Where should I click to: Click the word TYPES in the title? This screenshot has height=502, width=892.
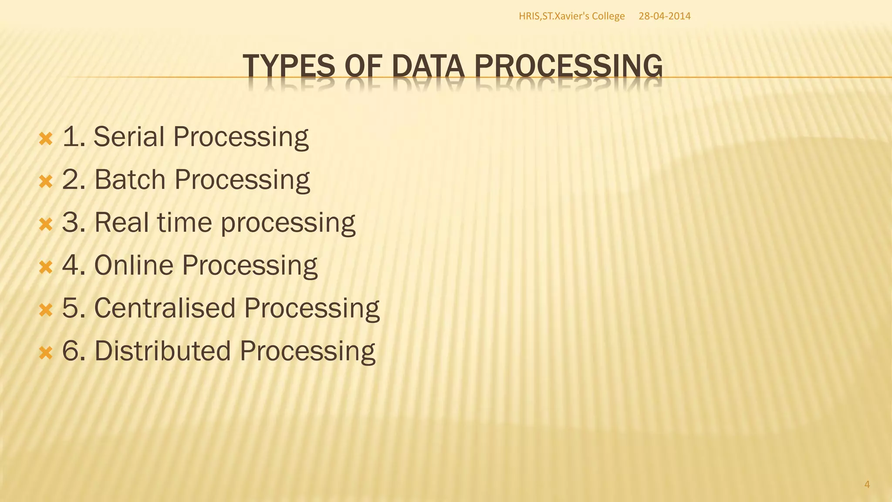click(x=288, y=66)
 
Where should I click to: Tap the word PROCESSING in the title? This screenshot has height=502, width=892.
click(x=568, y=66)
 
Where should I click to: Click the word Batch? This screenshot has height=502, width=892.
click(x=130, y=180)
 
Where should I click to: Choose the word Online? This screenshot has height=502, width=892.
click(x=134, y=265)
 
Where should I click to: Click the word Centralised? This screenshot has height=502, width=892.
click(x=165, y=308)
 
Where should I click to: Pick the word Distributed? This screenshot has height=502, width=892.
click(x=162, y=351)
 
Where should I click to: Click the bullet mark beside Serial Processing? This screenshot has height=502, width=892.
click(x=45, y=139)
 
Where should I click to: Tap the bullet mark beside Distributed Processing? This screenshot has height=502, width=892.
click(x=45, y=353)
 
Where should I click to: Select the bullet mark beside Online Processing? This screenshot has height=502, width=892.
click(x=45, y=268)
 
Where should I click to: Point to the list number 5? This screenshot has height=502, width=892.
click(x=71, y=308)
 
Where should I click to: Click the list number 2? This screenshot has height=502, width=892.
click(x=71, y=180)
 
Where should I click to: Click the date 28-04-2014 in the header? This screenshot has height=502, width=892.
click(x=664, y=17)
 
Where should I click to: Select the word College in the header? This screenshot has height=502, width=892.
click(x=608, y=17)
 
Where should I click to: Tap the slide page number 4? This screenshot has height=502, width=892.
click(x=867, y=485)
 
